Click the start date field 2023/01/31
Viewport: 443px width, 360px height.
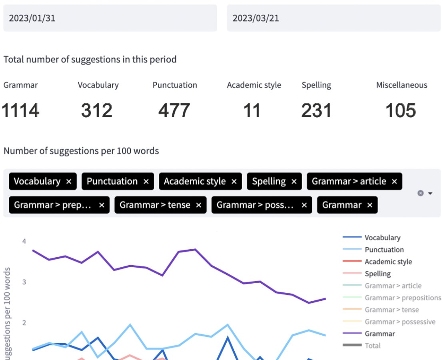[x=110, y=18]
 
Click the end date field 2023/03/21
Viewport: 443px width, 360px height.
[x=334, y=18]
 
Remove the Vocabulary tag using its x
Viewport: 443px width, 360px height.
[x=69, y=182]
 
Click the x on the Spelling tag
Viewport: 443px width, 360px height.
[x=294, y=182]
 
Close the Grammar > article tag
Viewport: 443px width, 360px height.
[x=395, y=182]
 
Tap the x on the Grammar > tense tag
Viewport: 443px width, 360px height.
[x=199, y=205]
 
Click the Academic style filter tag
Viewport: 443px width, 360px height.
[x=195, y=182]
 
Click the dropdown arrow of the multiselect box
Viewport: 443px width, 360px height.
[x=431, y=193]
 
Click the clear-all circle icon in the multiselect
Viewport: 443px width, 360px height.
[x=420, y=193]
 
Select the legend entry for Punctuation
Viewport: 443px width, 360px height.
[x=384, y=250]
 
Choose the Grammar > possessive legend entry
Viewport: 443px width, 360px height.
[x=400, y=322]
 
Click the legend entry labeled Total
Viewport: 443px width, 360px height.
[x=372, y=346]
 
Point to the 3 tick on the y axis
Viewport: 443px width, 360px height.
[x=24, y=282]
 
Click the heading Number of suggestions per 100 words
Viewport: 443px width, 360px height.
[x=81, y=151]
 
